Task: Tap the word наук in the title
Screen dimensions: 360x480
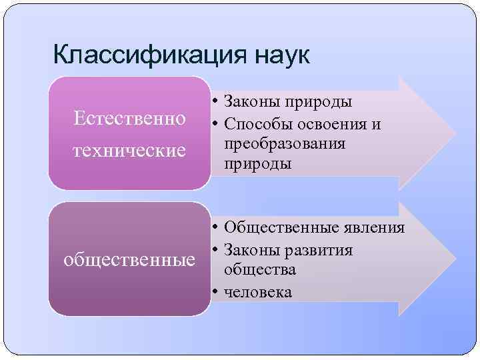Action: (281, 55)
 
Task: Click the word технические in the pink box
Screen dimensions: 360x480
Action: (130, 149)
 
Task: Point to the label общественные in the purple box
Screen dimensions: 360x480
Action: (130, 259)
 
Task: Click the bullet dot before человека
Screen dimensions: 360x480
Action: (217, 292)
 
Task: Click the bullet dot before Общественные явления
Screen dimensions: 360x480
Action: (217, 228)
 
